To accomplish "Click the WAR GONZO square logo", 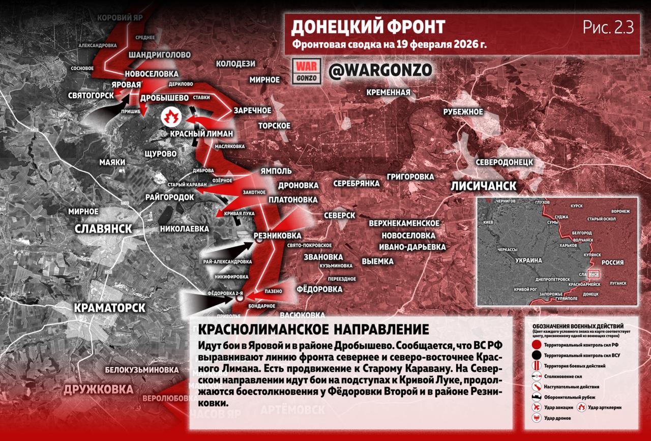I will (x=306, y=71).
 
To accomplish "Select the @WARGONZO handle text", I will (x=380, y=70).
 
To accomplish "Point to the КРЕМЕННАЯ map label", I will (x=389, y=92).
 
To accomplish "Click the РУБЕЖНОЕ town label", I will (x=462, y=112).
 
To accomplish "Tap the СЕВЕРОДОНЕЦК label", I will (x=504, y=162).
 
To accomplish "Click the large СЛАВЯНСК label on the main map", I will (x=103, y=229).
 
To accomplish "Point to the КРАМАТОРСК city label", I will (x=110, y=308).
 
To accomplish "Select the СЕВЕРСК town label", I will (x=340, y=216).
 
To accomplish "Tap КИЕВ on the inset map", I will (x=489, y=222).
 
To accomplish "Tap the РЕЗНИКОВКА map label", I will (x=278, y=236).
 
